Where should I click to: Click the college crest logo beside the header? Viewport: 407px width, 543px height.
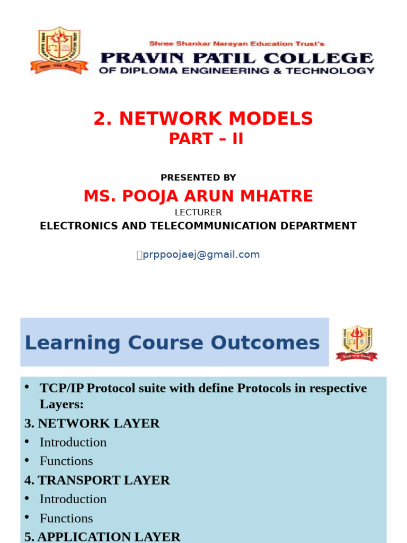pos(56,50)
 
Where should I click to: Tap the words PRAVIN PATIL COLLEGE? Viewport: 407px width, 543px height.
pos(236,57)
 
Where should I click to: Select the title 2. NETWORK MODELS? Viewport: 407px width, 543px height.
pos(203,119)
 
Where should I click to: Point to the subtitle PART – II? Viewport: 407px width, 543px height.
pos(206,138)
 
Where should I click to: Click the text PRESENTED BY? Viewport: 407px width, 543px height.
pos(198,178)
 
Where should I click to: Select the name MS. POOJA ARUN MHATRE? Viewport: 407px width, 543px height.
pos(198,196)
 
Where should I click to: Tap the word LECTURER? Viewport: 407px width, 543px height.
pos(198,213)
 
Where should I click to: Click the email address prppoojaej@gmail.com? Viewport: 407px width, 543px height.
pos(201,255)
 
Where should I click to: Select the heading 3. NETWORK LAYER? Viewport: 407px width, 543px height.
pos(92,423)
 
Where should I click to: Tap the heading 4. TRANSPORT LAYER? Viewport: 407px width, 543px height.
pos(97,480)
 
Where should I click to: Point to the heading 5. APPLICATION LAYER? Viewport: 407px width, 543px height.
pos(102,537)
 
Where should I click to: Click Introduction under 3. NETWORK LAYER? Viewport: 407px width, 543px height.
pos(73,442)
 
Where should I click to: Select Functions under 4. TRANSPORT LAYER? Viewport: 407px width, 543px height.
pos(66,518)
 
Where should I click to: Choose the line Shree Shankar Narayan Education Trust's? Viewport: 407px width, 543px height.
pos(236,43)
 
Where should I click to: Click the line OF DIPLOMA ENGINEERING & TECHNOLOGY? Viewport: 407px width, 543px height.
pos(236,71)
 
